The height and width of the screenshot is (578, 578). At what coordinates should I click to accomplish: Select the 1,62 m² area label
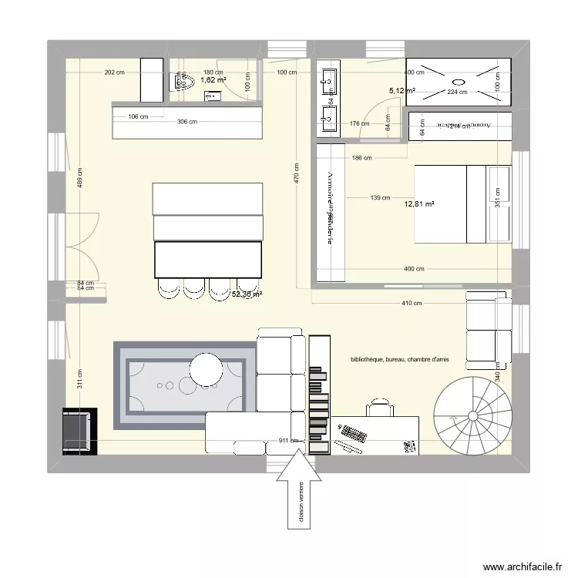pos(213,79)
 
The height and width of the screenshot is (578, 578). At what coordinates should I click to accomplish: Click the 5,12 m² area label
pos(402,91)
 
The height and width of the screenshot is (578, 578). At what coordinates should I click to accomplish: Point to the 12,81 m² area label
pos(419,204)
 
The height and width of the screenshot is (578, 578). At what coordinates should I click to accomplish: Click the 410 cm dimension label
pos(412,303)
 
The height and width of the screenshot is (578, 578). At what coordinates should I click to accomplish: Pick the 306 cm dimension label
pos(187,122)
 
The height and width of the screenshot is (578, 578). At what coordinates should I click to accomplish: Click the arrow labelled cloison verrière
pos(296,493)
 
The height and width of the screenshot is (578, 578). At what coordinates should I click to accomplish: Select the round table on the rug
pos(207,368)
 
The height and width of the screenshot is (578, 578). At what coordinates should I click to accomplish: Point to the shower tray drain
pos(459,81)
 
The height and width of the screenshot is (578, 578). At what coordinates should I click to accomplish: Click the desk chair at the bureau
pos(379,405)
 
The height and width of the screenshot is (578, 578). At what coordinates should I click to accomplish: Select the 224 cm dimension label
pos(458,92)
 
